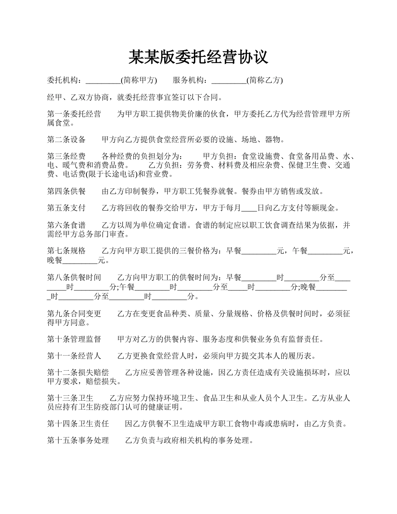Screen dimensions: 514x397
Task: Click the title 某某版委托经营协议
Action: [198, 57]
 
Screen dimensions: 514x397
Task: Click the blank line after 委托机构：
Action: [103, 81]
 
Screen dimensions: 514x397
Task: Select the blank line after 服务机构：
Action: [229, 81]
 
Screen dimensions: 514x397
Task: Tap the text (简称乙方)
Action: [265, 81]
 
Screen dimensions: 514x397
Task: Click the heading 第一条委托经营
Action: [74, 114]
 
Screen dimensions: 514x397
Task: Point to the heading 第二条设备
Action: [66, 140]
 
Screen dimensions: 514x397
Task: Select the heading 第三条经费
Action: [66, 157]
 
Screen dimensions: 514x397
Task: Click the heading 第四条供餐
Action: [66, 191]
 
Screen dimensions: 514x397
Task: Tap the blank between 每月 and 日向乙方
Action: [249, 208]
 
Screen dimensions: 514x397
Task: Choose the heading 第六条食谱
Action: [66, 225]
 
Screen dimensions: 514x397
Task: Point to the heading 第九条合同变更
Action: [74, 314]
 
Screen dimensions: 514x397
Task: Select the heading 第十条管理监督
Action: [74, 339]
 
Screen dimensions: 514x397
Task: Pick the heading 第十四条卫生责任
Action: [78, 424]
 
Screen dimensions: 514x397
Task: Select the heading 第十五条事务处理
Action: [78, 441]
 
